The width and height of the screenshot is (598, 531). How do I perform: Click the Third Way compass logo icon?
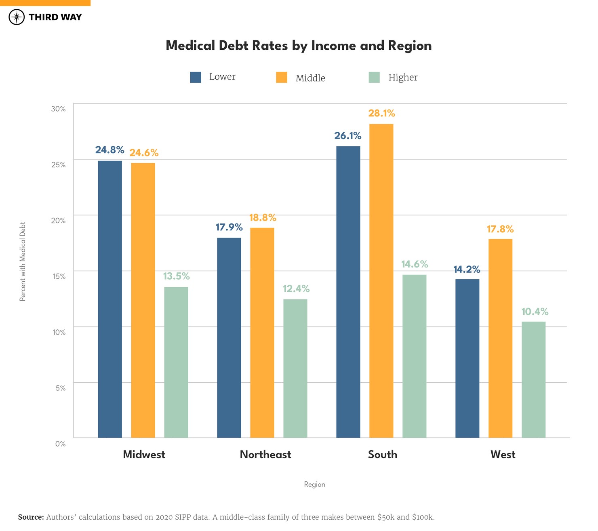(17, 17)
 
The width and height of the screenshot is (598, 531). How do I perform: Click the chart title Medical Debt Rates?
(299, 46)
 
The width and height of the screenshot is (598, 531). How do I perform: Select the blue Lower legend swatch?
(196, 77)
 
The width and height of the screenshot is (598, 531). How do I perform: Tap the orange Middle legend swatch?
(282, 77)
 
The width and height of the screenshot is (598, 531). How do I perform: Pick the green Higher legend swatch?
(374, 77)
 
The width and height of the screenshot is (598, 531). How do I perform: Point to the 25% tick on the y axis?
(58, 165)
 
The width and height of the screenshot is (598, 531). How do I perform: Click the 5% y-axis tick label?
(60, 388)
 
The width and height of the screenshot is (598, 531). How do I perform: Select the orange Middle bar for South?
(381, 280)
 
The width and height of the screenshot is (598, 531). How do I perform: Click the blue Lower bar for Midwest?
(110, 299)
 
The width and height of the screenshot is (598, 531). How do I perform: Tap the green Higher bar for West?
(533, 379)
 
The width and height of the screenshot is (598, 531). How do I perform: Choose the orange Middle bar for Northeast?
(262, 333)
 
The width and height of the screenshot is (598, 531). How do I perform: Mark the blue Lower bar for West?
(467, 358)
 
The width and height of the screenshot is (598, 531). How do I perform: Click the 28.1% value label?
(381, 114)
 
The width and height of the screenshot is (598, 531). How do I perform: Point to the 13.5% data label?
(176, 276)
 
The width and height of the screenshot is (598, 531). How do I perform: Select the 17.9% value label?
(229, 227)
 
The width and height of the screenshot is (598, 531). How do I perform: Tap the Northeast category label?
(265, 455)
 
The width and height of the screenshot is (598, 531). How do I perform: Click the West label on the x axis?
(503, 455)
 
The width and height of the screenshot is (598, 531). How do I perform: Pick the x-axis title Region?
(314, 485)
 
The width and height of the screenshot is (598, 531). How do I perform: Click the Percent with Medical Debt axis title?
(23, 261)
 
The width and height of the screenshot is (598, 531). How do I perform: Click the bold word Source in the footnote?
(31, 517)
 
